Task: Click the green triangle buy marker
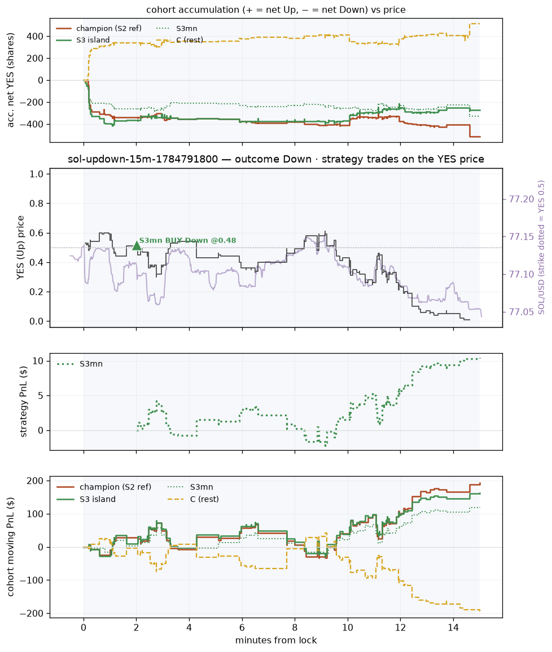(x=137, y=246)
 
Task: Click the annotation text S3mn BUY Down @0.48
(x=187, y=240)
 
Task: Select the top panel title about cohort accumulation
(x=276, y=10)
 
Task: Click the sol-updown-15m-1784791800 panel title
(x=276, y=159)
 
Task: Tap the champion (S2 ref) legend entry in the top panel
(x=99, y=28)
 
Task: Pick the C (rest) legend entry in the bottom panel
(x=193, y=499)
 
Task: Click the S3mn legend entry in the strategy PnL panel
(x=80, y=364)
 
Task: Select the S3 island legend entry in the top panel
(x=83, y=40)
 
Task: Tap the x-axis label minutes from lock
(x=276, y=640)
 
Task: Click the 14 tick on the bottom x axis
(x=453, y=628)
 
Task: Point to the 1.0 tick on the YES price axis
(x=37, y=174)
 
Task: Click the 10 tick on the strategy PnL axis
(x=38, y=361)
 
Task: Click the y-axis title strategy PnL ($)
(x=23, y=402)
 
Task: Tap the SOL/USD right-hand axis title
(x=541, y=248)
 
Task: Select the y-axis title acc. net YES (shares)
(x=10, y=80)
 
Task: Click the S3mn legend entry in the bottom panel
(x=190, y=487)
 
